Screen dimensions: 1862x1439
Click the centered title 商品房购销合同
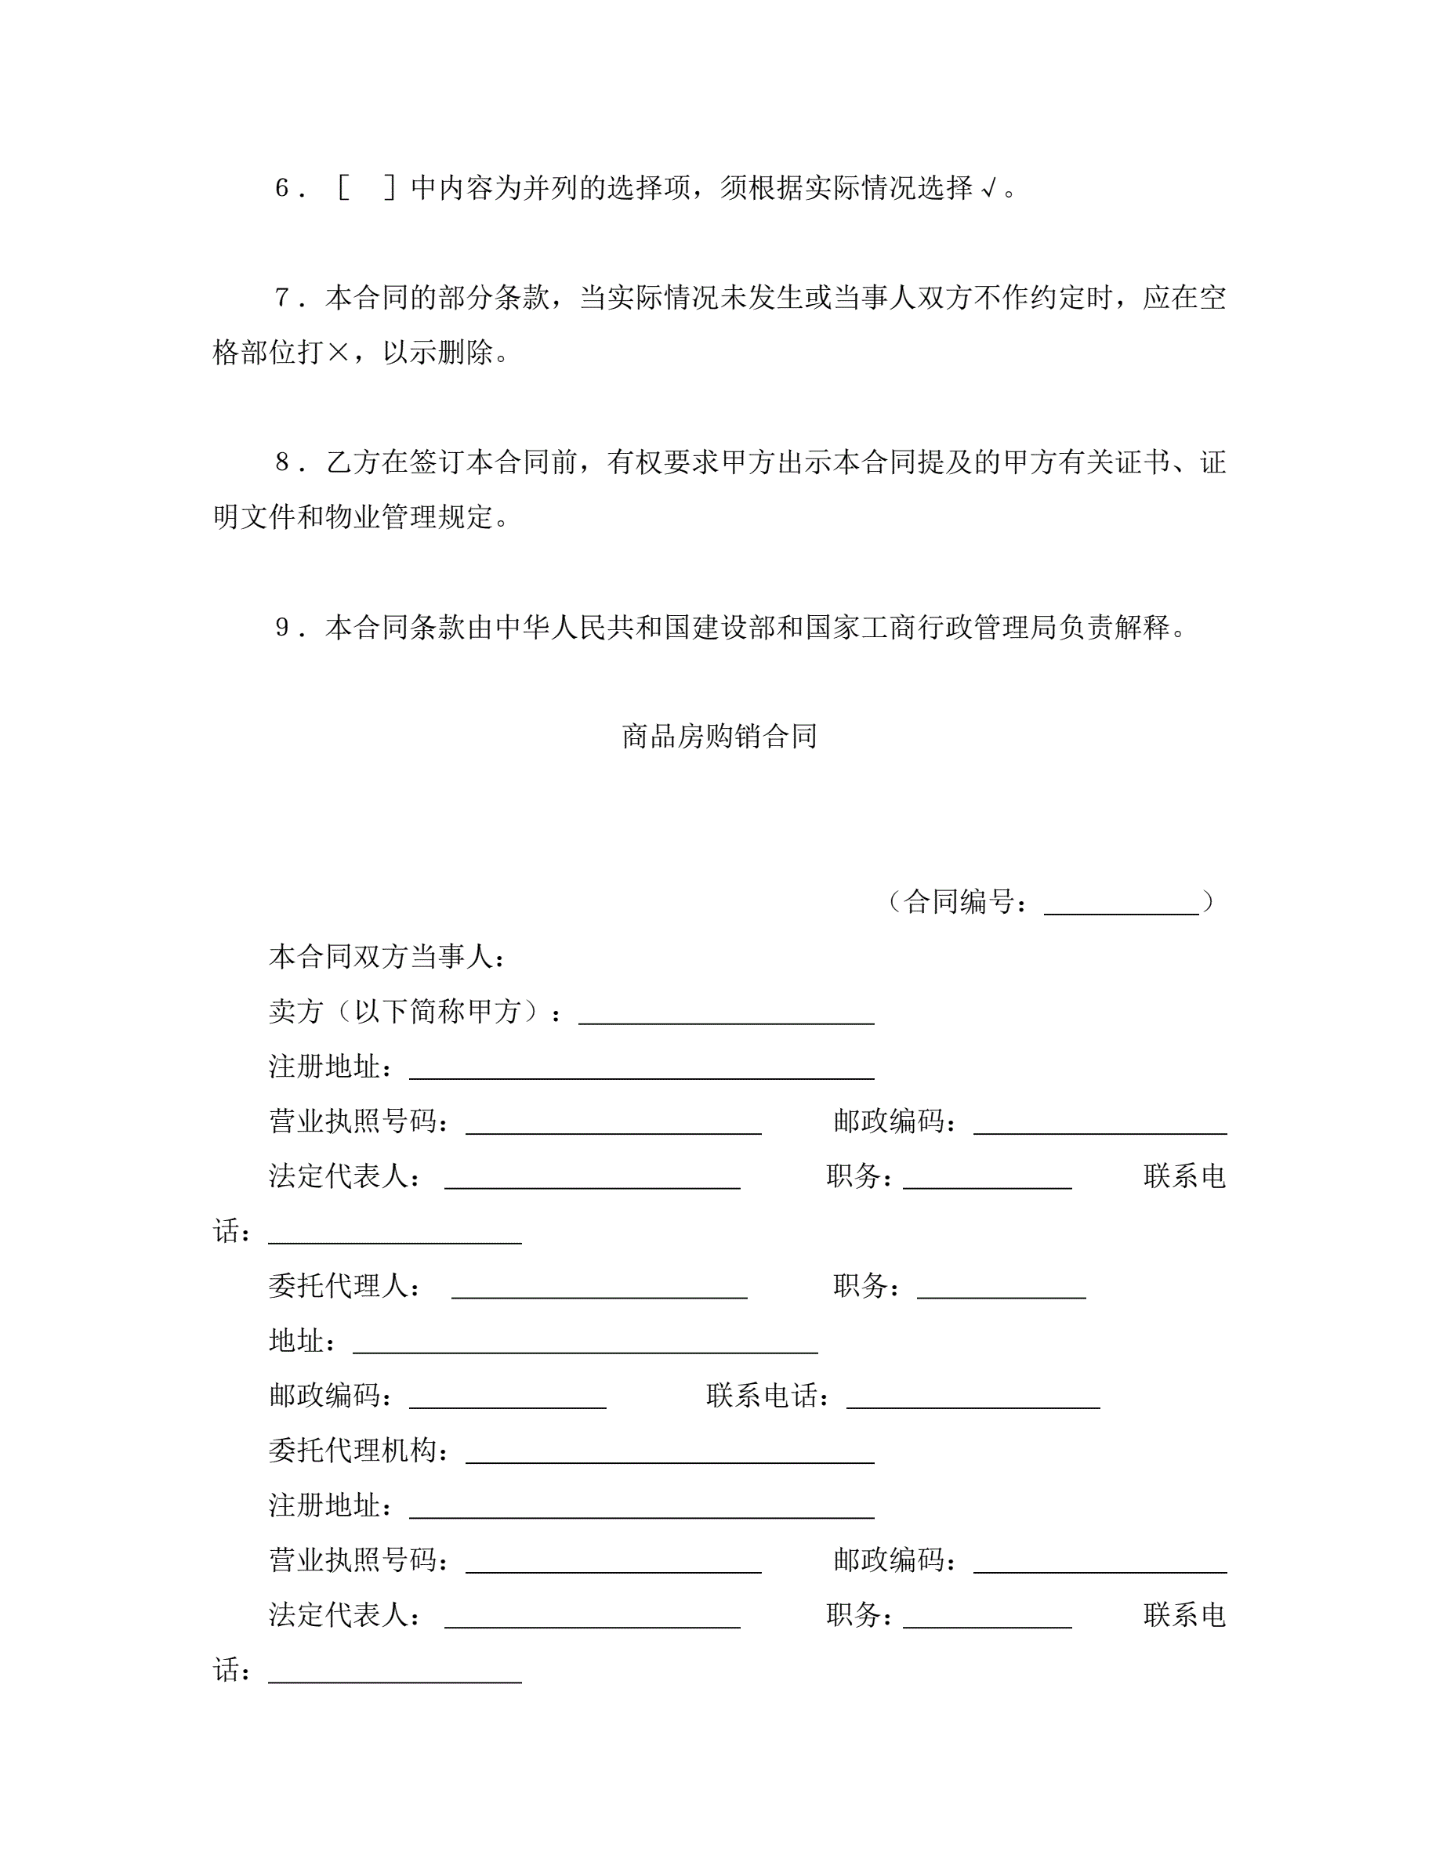(x=719, y=736)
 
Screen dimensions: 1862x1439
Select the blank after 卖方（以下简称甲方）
(x=727, y=1013)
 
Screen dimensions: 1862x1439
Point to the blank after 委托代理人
(x=599, y=1287)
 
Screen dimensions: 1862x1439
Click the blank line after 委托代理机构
(x=669, y=1452)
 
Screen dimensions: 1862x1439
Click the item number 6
(x=282, y=187)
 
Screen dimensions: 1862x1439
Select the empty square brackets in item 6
(x=366, y=187)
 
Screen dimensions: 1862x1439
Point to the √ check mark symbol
(x=988, y=188)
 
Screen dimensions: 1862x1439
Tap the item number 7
(x=282, y=298)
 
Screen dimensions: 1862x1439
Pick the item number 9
(x=282, y=629)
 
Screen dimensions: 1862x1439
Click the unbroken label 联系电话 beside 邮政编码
(x=762, y=1396)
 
